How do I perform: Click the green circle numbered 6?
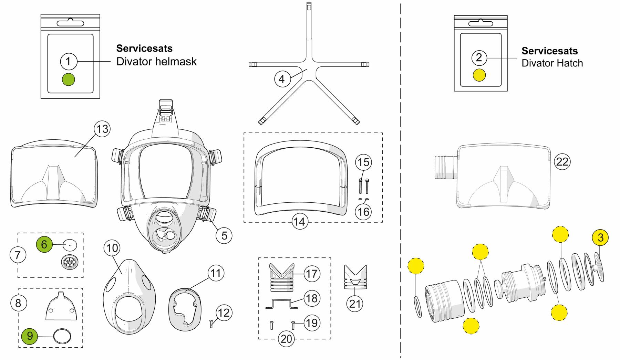pyautogui.click(x=44, y=245)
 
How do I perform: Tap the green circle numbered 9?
pyautogui.click(x=30, y=336)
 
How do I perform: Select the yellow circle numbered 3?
pyautogui.click(x=600, y=237)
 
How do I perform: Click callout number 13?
pyautogui.click(x=102, y=129)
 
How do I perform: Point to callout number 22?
pyautogui.click(x=562, y=161)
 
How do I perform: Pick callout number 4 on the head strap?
pyautogui.click(x=282, y=79)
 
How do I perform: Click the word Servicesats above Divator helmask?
pyautogui.click(x=144, y=48)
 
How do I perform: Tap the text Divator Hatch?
pyautogui.click(x=552, y=63)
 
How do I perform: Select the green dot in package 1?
pyautogui.click(x=68, y=79)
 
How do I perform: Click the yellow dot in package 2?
pyautogui.click(x=479, y=75)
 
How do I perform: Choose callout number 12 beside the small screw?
pyautogui.click(x=224, y=313)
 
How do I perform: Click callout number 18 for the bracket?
pyautogui.click(x=312, y=298)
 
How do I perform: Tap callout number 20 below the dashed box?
pyautogui.click(x=286, y=339)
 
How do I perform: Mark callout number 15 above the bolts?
pyautogui.click(x=363, y=162)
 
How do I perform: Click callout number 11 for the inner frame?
pyautogui.click(x=216, y=274)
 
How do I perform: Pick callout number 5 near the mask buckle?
pyautogui.click(x=224, y=235)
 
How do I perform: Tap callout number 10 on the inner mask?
pyautogui.click(x=112, y=248)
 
